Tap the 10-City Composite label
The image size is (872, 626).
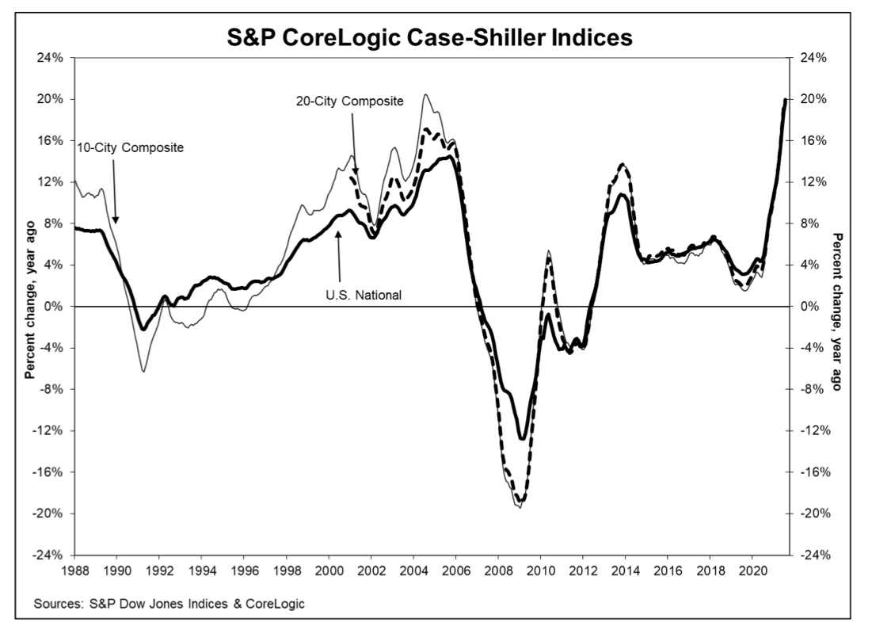click(130, 147)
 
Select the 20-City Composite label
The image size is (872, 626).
click(356, 101)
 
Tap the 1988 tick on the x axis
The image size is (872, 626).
click(74, 569)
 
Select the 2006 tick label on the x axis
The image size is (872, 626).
click(455, 569)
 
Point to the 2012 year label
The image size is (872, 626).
click(583, 569)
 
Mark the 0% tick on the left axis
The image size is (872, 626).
click(60, 307)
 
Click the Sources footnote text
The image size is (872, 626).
click(169, 604)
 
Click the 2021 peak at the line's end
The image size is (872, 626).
click(785, 100)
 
